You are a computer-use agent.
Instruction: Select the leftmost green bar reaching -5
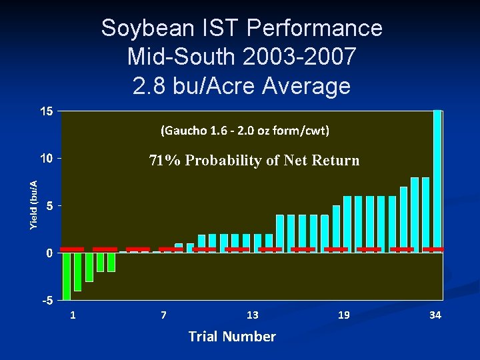point(67,276)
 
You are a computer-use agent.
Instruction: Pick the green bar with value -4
point(78,271)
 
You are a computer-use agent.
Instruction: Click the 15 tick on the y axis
point(45,111)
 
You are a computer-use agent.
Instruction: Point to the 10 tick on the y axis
point(45,159)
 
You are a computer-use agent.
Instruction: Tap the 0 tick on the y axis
point(49,253)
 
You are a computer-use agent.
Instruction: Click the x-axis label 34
point(435,315)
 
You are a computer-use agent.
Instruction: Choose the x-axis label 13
point(252,315)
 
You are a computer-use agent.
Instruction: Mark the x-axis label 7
point(163,315)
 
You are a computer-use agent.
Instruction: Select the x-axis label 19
point(343,315)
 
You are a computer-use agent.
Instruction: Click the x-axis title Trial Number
point(232,337)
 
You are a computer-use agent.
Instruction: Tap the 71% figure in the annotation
point(164,161)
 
